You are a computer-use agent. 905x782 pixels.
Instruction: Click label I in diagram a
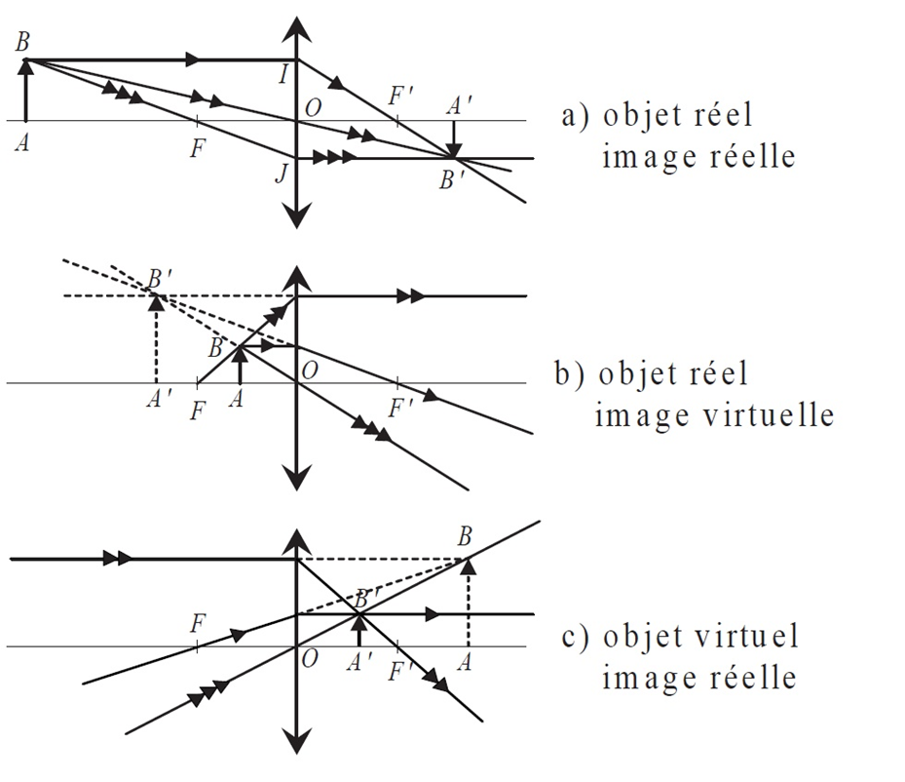[283, 73]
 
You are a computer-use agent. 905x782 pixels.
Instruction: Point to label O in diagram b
[311, 371]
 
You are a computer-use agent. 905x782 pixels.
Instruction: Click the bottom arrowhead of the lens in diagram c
[296, 738]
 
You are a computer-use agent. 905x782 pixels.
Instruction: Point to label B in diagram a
[21, 42]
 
